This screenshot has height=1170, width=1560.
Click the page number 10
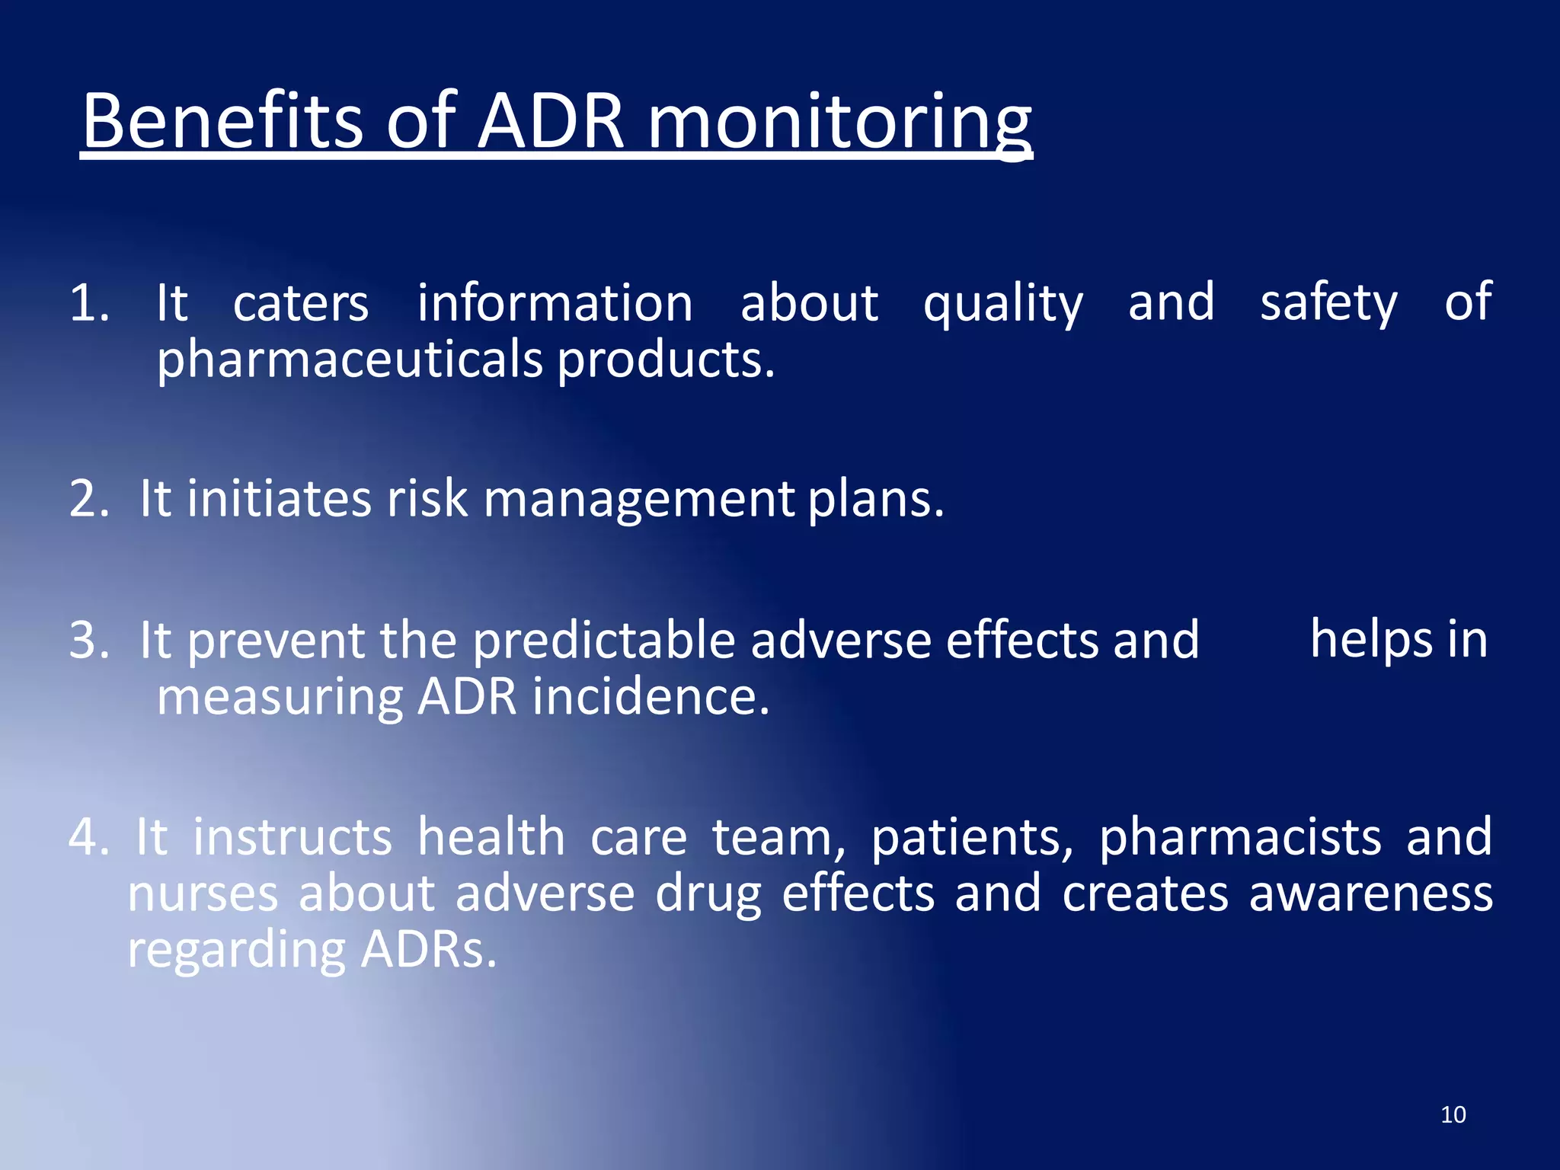[x=1453, y=1115]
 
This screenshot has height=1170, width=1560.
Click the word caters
[x=301, y=303]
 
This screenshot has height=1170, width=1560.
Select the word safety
[x=1328, y=303]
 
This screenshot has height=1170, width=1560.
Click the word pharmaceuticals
[x=350, y=360]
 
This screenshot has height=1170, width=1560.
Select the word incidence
[x=651, y=696]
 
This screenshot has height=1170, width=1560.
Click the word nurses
[x=203, y=894]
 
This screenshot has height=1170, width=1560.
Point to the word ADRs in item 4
[x=429, y=951]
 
